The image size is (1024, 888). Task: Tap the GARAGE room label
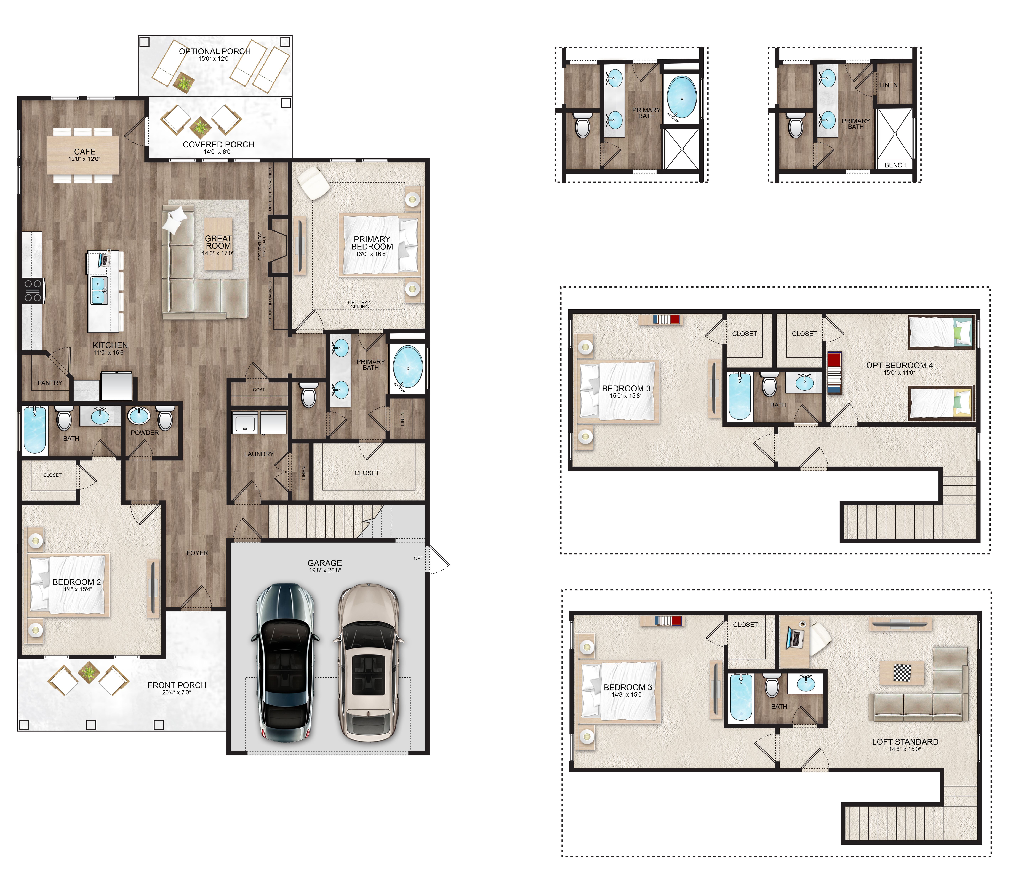(325, 563)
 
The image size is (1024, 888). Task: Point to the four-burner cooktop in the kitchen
(33, 291)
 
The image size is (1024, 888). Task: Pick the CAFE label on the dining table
(84, 152)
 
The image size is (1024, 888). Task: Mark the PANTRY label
(50, 383)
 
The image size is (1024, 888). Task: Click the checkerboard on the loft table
(902, 673)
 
